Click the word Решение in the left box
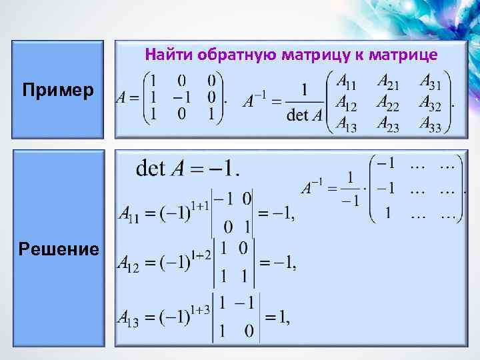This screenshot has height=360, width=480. (x=59, y=249)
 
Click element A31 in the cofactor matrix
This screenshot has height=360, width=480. (x=434, y=81)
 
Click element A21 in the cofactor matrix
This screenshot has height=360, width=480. (x=390, y=81)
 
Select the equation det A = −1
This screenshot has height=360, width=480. (x=187, y=168)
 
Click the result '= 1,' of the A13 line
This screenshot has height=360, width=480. (x=277, y=319)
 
